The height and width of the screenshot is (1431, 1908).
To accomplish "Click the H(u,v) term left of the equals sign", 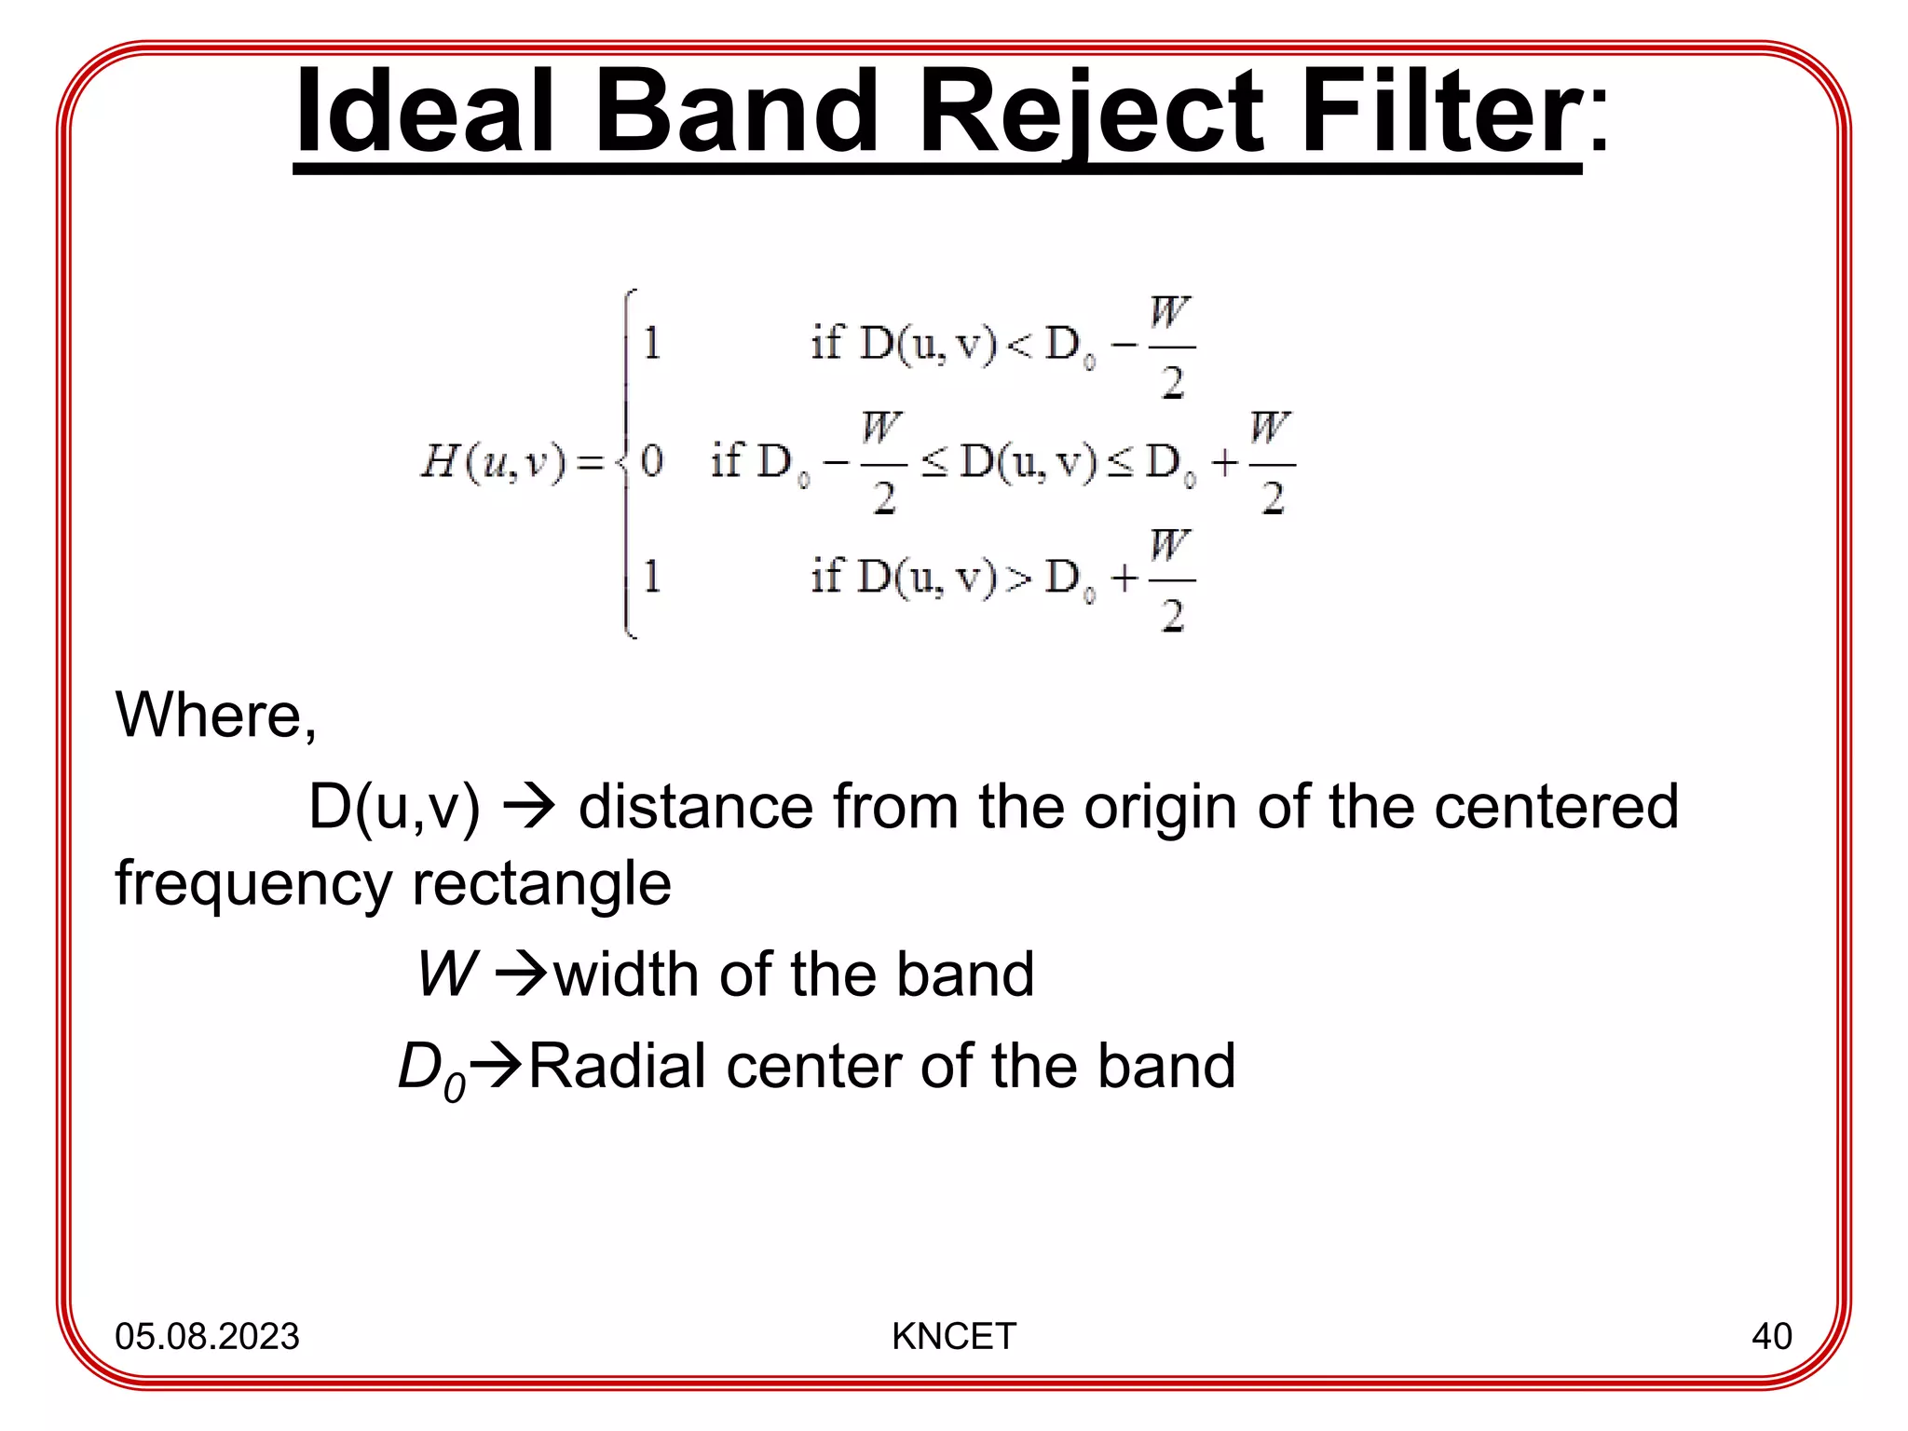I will tap(493, 461).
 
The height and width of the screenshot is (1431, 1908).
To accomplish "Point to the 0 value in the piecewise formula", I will tap(652, 461).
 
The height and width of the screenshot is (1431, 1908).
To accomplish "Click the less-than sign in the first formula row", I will tap(1020, 346).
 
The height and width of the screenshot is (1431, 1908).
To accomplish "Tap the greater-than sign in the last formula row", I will tap(1020, 579).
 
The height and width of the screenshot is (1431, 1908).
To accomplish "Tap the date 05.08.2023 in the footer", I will tap(207, 1336).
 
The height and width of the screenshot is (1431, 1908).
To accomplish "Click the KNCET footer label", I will tap(953, 1336).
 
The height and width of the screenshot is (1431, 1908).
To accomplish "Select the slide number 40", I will tap(1771, 1336).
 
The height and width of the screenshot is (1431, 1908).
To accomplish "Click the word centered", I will tap(1556, 807).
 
